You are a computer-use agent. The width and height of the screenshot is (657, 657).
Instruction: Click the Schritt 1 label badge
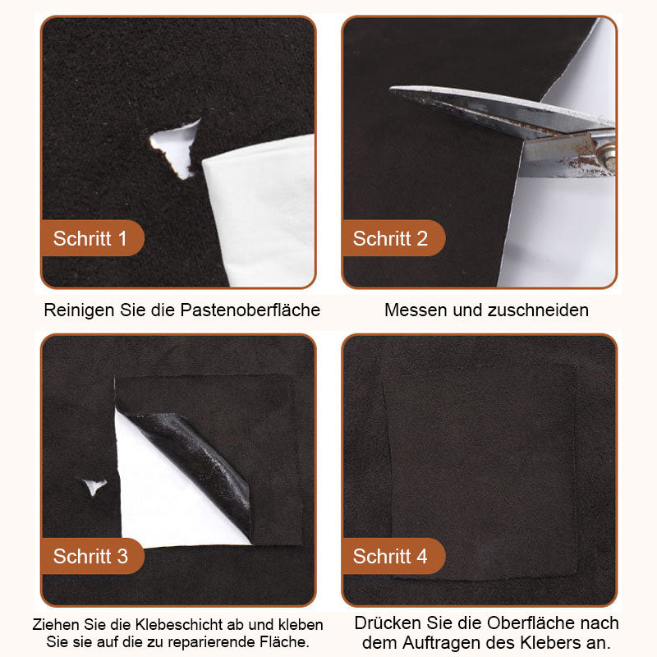coord(92,238)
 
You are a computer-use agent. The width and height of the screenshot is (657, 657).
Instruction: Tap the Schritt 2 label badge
coord(393,238)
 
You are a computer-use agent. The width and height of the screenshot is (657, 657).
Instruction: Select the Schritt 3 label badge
coord(92,556)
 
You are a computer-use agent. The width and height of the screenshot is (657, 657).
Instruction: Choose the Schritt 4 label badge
coord(393,556)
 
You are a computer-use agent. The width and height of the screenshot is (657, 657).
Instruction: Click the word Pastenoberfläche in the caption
coord(250,310)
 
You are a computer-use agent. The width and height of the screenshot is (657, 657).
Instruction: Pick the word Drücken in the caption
coord(388,623)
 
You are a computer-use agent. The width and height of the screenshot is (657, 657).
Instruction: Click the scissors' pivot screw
coord(607,152)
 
